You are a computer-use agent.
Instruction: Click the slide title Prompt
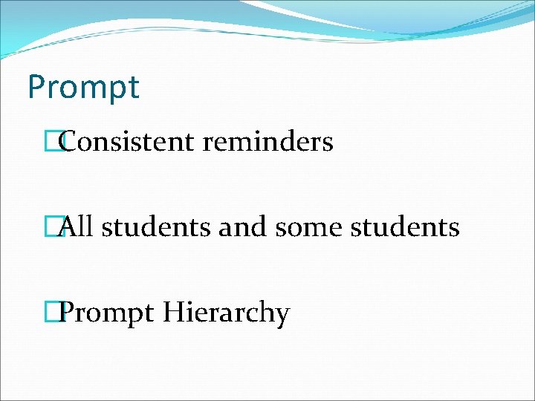(82, 88)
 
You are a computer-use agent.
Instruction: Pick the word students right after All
(156, 226)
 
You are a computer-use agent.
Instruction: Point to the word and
(242, 226)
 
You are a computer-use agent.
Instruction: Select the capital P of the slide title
(36, 87)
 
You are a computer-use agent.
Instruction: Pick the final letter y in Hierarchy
(282, 316)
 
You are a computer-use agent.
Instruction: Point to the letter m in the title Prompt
(91, 89)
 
